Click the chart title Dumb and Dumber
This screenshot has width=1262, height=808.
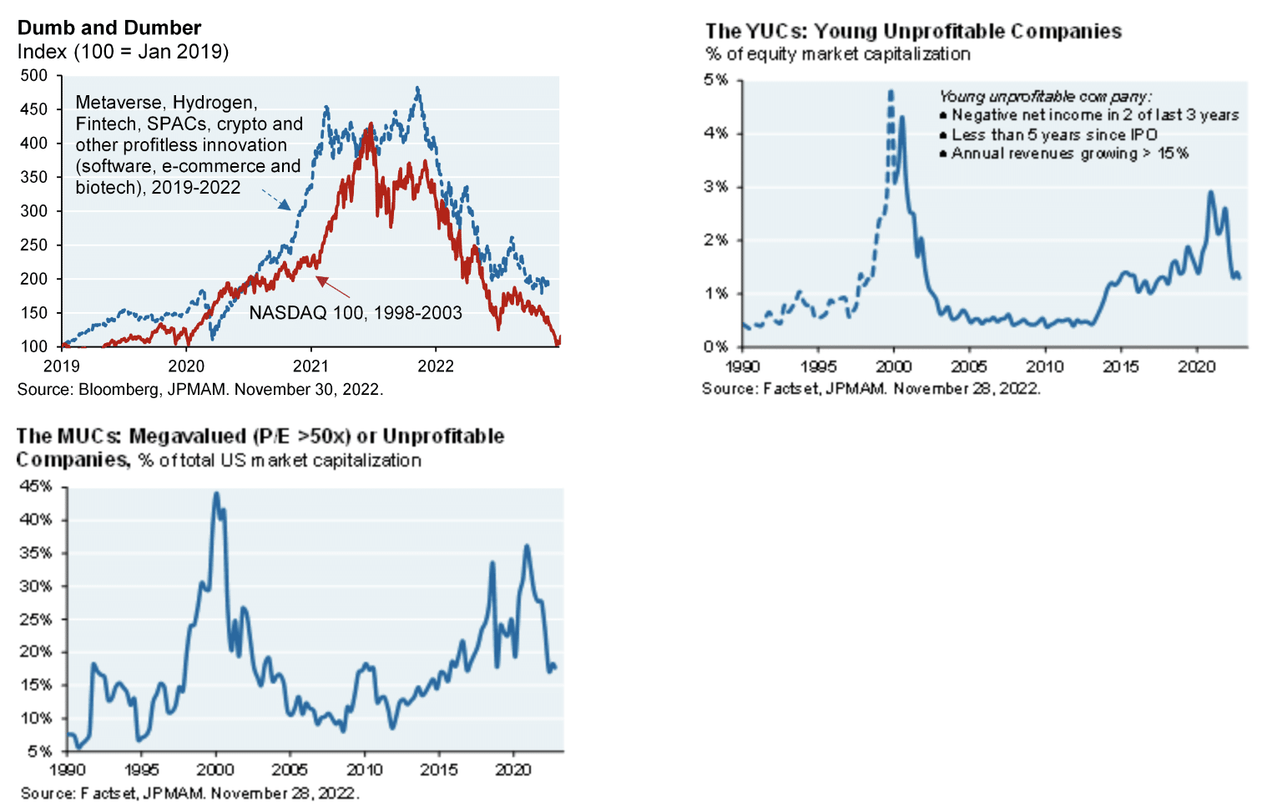(109, 28)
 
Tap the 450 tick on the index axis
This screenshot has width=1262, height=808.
(34, 109)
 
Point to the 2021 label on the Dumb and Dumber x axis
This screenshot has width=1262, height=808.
(310, 366)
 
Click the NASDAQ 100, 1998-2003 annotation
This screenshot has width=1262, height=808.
(356, 313)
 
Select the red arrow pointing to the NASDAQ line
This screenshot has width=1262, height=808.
(332, 287)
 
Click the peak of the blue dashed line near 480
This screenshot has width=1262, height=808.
(417, 88)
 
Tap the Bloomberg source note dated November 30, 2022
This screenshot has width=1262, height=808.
(200, 389)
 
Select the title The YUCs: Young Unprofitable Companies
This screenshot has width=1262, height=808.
(913, 32)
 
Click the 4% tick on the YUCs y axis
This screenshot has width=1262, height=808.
(715, 133)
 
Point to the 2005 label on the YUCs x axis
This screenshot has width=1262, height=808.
(969, 366)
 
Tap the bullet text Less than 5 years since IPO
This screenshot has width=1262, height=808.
(1054, 134)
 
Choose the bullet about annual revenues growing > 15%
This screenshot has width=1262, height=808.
(1069, 154)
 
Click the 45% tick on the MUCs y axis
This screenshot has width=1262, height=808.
(36, 486)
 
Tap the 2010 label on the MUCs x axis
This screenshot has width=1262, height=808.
(365, 770)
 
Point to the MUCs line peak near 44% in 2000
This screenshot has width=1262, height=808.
(216, 493)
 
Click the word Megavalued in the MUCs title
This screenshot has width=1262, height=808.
(188, 437)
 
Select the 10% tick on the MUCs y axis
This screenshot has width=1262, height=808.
(36, 718)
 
